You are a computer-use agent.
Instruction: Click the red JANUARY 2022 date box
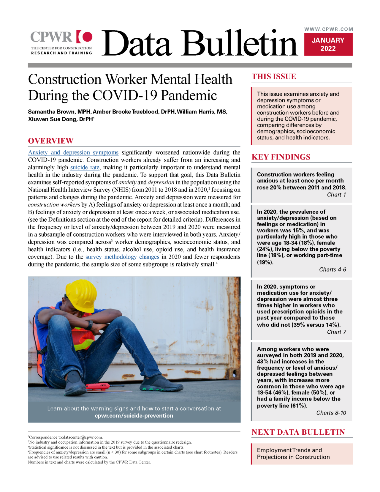tap(328, 44)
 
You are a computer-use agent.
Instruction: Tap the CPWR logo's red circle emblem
tap(87, 37)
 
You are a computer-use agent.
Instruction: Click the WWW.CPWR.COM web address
tap(329, 29)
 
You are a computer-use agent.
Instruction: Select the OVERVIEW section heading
tap(51, 141)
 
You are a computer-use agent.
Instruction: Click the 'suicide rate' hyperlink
tap(85, 167)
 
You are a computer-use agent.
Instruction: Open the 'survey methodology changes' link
tap(122, 257)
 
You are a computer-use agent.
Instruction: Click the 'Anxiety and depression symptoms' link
tap(73, 152)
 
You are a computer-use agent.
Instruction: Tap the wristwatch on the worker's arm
tap(90, 324)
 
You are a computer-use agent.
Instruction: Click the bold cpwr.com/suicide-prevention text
tap(134, 416)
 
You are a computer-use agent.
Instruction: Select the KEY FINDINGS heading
tap(281, 157)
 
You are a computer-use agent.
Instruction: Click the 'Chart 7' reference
tap(336, 332)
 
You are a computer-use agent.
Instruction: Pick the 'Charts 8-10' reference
tap(331, 413)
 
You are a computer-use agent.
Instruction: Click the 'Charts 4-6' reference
tap(332, 269)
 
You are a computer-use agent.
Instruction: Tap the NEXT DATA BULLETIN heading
tap(298, 432)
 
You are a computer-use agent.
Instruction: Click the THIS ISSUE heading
tap(274, 76)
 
